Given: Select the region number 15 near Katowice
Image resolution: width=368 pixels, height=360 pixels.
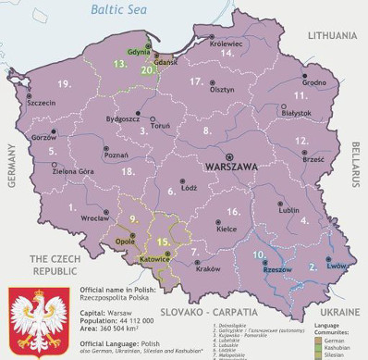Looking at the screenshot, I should pos(163,242).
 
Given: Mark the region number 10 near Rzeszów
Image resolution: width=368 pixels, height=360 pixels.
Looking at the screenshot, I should pos(260,254).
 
